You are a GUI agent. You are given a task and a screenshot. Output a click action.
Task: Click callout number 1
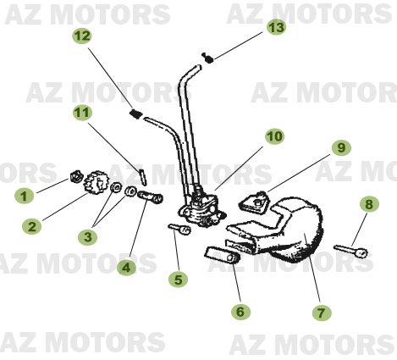24,196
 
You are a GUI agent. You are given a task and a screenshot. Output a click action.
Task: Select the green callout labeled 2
31,226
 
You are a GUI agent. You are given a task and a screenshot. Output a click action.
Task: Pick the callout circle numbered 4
126,268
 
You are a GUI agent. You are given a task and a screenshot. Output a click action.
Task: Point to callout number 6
240,312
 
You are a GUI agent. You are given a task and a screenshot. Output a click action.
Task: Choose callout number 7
321,313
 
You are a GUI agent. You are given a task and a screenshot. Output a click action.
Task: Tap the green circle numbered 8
368,204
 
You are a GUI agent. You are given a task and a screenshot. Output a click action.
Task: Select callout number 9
339,147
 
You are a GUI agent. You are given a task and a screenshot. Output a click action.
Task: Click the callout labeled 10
273,136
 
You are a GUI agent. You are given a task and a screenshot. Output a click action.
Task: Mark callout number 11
81,112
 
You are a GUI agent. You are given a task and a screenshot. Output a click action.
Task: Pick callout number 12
81,36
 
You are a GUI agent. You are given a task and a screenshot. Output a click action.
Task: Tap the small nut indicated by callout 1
77,178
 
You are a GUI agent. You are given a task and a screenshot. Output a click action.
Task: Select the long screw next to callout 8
352,250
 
